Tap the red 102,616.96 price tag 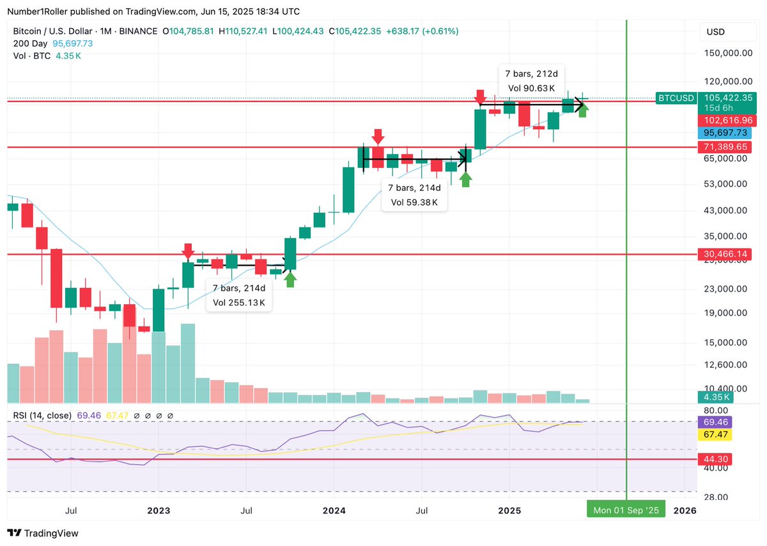click(728, 120)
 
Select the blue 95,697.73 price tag click(728, 133)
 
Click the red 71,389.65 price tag click(728, 147)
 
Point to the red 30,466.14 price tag click(728, 254)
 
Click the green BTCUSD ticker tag click(676, 98)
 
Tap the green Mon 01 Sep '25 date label click(626, 510)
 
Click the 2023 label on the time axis click(159, 510)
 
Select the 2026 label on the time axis click(685, 510)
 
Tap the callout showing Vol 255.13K click(239, 302)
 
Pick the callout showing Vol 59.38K click(414, 202)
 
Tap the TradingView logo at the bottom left click(42, 533)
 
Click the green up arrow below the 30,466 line click(290, 279)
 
